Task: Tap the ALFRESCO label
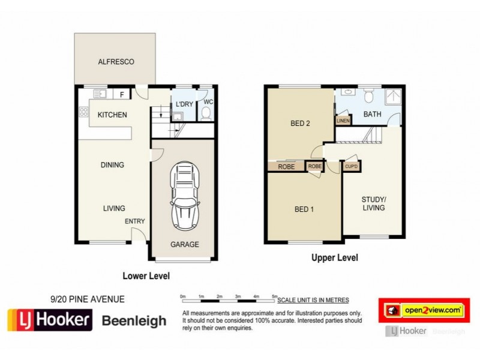116,62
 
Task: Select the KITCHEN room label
112,115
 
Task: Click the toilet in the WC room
206,112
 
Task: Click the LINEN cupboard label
343,121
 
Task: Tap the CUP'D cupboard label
351,166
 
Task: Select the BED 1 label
304,209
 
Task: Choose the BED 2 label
300,124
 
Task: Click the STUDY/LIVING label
373,203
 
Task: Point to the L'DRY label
184,104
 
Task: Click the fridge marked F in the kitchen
122,94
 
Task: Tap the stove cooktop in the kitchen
83,112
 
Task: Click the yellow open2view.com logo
424,310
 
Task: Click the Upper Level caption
334,258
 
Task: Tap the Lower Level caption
146,276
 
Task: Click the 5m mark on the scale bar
275,296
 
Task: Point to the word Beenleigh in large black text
134,321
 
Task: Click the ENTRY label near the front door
135,221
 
